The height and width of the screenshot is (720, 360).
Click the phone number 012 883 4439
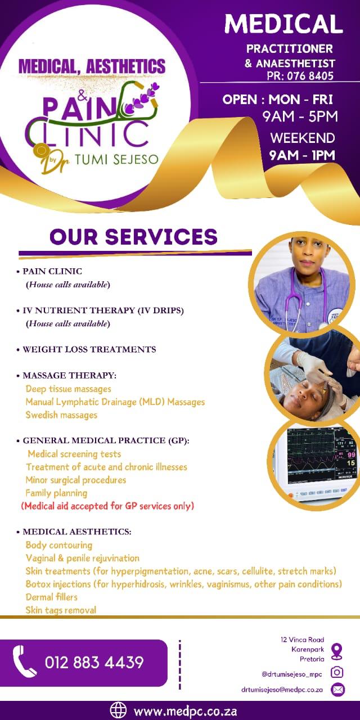tap(94, 663)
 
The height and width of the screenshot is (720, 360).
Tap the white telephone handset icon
tap(25, 661)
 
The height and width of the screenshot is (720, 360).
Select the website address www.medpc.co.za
tap(186, 710)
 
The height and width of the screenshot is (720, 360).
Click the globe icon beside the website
tap(118, 710)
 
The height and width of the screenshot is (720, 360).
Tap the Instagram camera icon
tap(337, 672)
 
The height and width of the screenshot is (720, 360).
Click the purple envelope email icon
tap(337, 689)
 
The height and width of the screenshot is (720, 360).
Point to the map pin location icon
tap(337, 651)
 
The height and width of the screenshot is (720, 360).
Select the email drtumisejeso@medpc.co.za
tap(282, 689)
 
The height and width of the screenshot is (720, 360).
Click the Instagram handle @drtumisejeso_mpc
tap(291, 673)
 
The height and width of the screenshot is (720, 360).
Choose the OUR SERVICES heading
tap(133, 237)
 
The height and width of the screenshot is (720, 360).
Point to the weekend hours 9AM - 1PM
tap(302, 155)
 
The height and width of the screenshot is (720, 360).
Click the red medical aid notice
tap(107, 506)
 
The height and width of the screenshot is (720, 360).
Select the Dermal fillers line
tap(52, 597)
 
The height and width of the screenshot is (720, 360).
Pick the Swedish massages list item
tap(61, 415)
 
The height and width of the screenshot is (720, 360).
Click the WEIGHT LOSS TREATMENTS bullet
tap(89, 349)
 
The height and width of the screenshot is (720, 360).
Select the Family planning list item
tap(56, 493)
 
